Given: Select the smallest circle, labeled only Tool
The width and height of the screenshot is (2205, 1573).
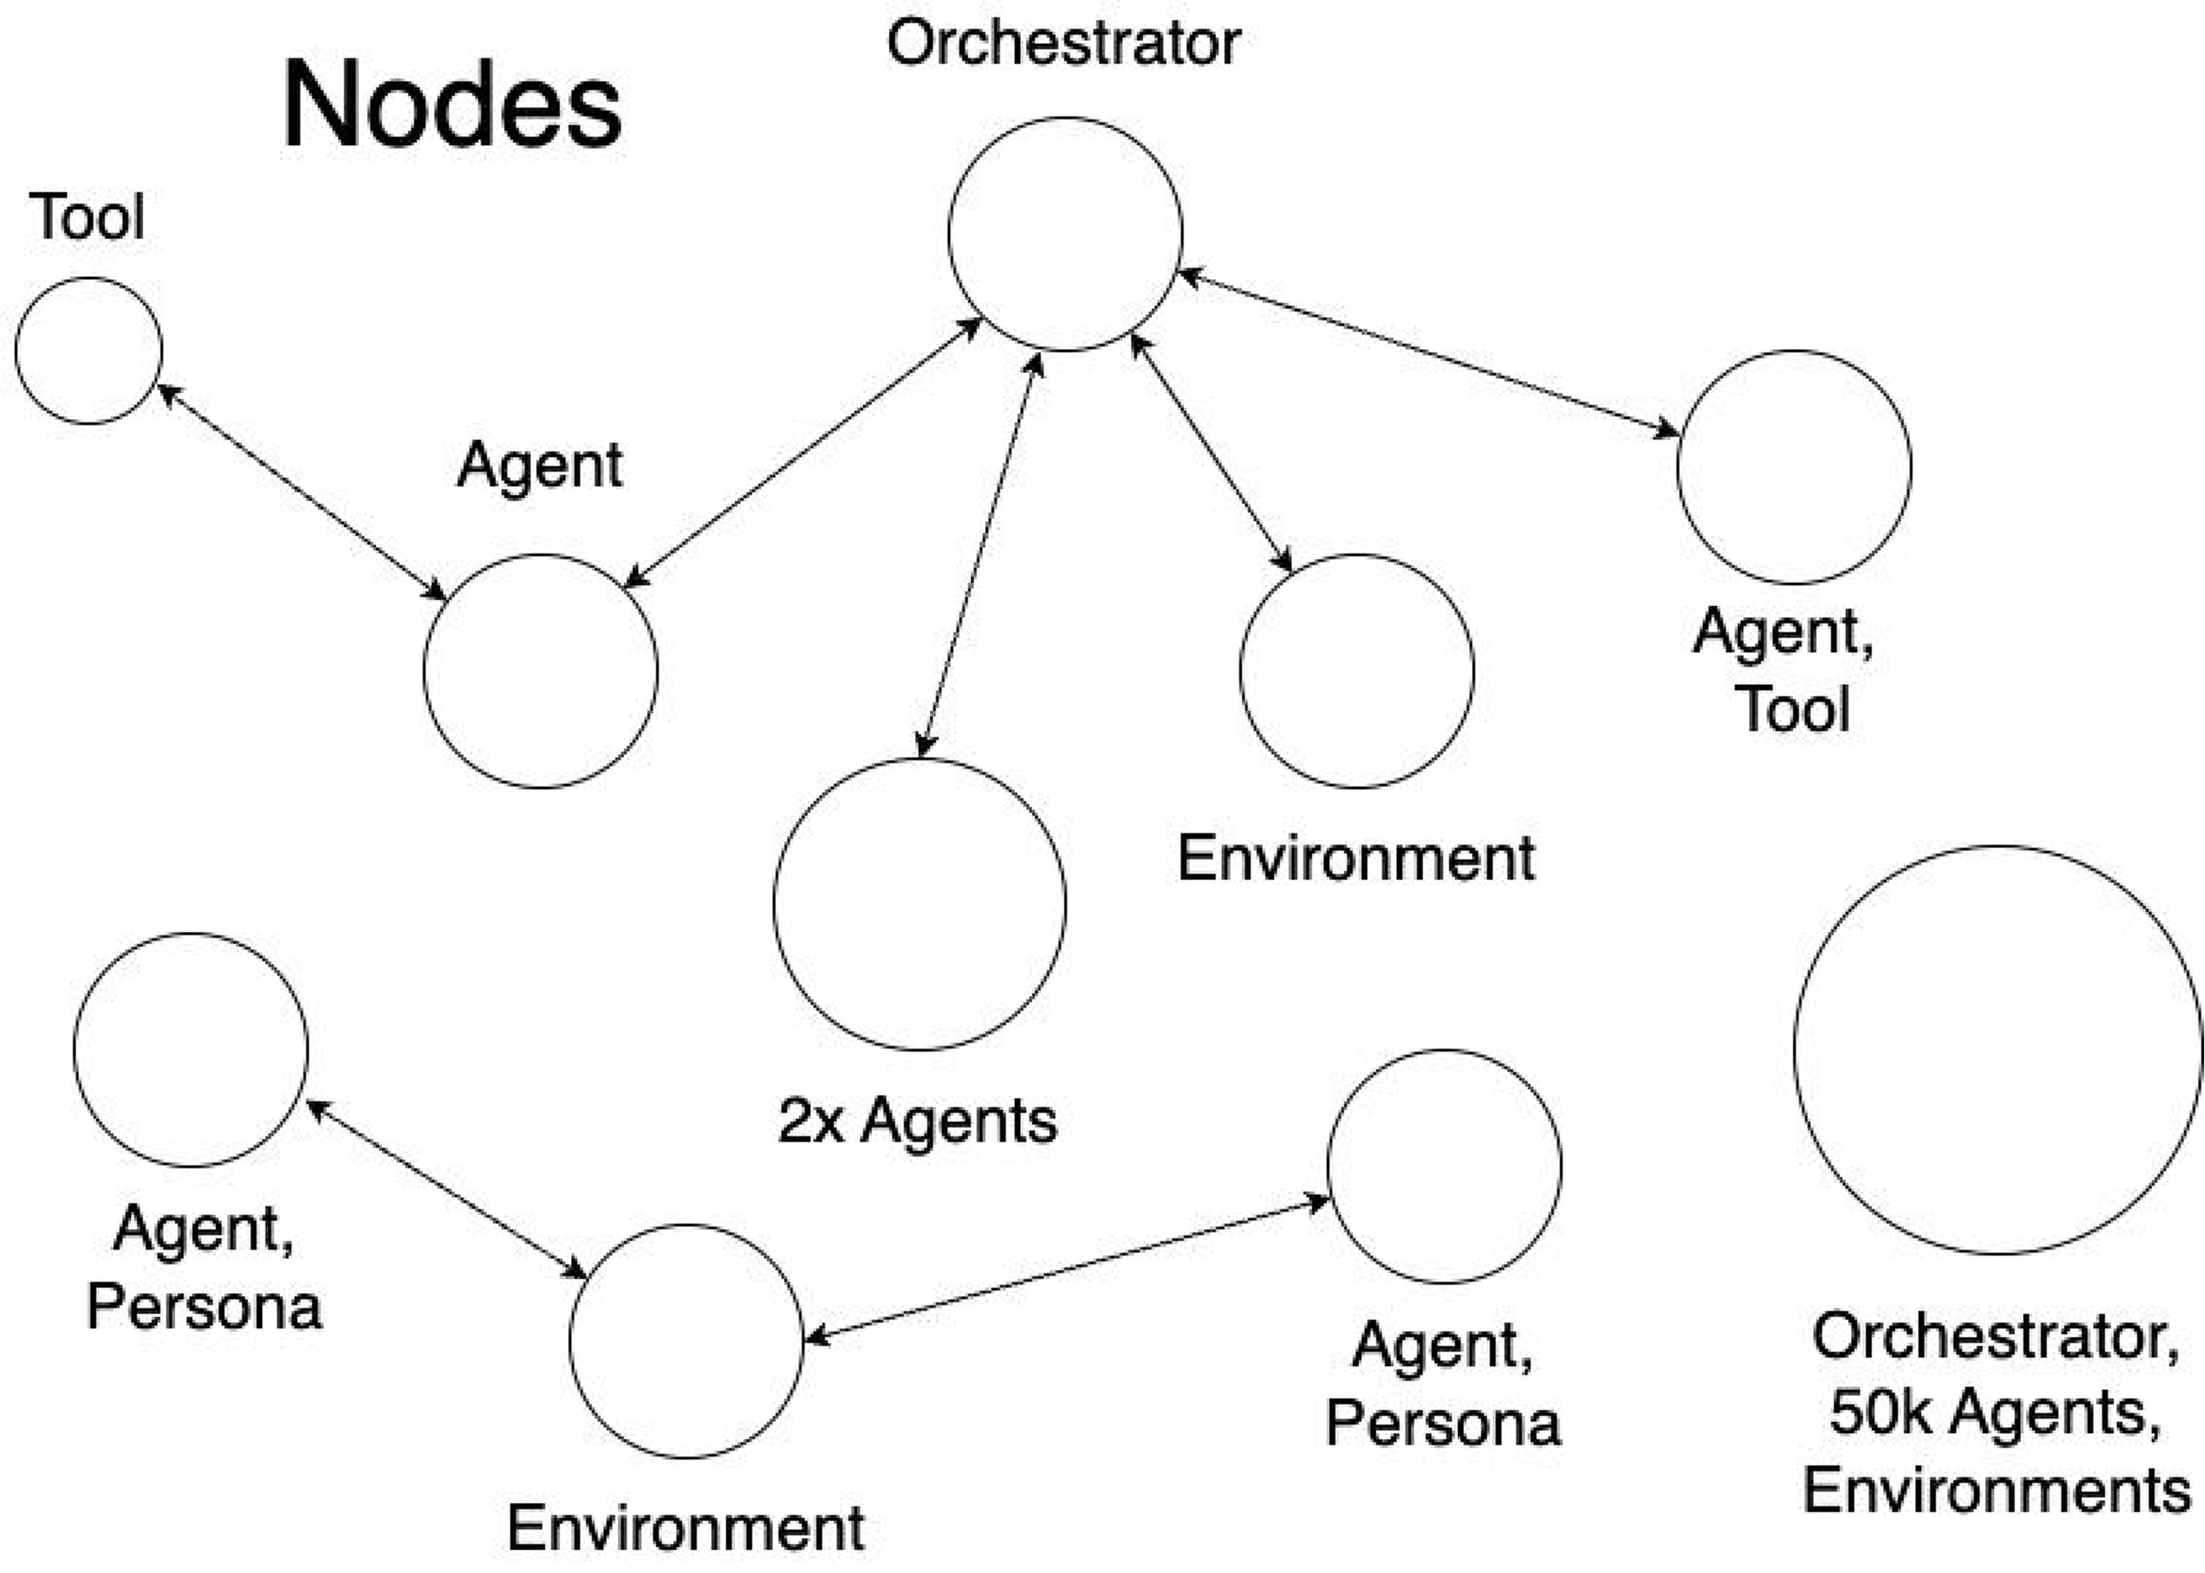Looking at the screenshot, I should coord(88,350).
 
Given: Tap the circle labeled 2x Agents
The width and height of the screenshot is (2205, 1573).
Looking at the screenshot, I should coord(920,904).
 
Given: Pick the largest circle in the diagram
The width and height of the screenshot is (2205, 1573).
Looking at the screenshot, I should coord(1998,1050).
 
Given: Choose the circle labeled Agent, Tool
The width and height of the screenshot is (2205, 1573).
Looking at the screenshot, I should coord(1794,467).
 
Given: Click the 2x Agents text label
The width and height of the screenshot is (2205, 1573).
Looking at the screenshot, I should coord(917,1122).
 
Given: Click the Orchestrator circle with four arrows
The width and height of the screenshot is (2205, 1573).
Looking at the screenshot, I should coord(1065,234).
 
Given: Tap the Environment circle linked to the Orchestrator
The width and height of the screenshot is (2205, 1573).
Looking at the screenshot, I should coord(1356,671).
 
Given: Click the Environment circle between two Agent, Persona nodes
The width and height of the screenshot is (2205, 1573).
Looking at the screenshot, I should coord(686,1341).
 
